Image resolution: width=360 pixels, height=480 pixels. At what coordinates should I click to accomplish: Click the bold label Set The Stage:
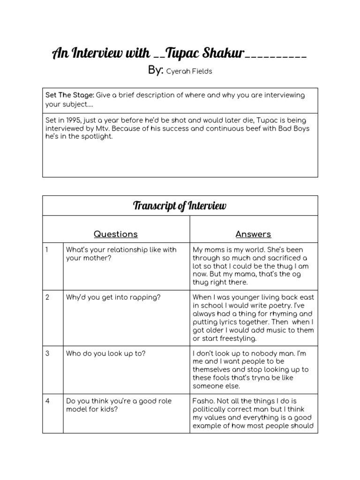pos(69,95)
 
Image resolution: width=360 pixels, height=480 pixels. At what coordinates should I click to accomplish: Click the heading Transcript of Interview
pos(180,206)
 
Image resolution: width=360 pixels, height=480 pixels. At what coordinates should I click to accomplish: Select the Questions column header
pos(116,234)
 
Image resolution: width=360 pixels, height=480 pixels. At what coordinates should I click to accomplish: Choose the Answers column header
pos(253,234)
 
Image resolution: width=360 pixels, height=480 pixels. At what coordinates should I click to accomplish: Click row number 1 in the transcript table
pos(47,250)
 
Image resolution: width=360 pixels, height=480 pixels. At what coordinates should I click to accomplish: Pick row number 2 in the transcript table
pos(47,297)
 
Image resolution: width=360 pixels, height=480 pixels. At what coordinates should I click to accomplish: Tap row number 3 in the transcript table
pos(47,353)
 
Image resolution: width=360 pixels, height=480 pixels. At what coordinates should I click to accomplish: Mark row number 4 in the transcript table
pos(47,401)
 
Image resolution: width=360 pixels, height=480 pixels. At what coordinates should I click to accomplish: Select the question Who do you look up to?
pos(105,353)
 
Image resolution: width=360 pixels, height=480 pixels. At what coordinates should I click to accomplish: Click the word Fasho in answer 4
pos(202,401)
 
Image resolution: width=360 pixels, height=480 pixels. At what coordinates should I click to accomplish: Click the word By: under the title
pos(155,70)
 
